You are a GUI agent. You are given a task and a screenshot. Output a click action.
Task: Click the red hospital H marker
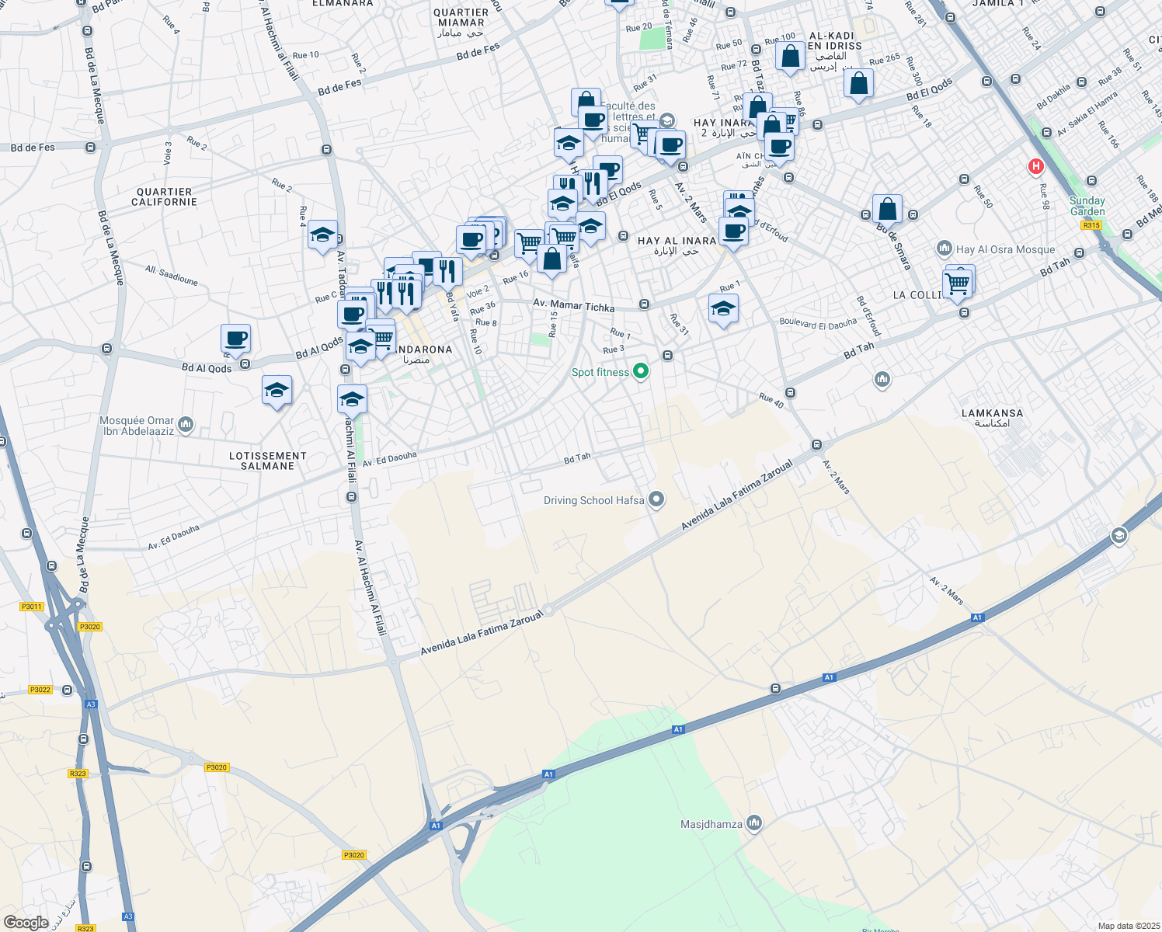click(1035, 166)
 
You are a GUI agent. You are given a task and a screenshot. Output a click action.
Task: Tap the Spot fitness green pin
click(641, 372)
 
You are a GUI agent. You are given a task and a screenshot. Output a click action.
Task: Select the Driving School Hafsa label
click(593, 500)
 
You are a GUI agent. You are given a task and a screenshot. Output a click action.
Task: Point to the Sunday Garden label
click(1087, 206)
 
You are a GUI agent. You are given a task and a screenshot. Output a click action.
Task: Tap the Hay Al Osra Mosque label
click(1005, 249)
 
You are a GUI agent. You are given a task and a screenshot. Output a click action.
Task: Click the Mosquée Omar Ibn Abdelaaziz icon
click(185, 424)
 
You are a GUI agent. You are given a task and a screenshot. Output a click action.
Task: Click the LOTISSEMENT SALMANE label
click(267, 461)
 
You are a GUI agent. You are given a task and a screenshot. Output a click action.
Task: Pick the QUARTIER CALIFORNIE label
click(164, 196)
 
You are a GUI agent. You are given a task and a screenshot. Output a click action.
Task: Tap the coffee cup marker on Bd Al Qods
click(235, 339)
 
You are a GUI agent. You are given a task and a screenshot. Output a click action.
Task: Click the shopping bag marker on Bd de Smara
click(887, 209)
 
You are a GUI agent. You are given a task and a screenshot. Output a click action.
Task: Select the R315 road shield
click(1091, 225)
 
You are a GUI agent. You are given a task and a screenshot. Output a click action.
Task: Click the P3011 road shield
click(32, 607)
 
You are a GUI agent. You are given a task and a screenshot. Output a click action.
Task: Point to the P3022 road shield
click(40, 690)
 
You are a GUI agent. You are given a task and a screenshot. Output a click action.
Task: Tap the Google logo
click(26, 922)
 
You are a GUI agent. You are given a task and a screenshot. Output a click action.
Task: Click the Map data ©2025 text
click(1129, 926)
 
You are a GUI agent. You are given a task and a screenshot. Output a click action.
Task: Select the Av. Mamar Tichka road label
click(573, 306)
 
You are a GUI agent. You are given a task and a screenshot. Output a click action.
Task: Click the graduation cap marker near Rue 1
click(723, 309)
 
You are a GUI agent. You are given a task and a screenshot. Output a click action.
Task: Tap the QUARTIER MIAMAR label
click(461, 18)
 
